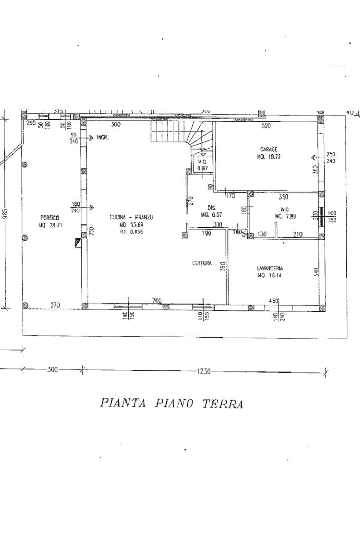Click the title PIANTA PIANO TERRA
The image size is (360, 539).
coord(171,404)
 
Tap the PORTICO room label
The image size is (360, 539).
coord(50,218)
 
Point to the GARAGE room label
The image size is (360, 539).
coord(268,149)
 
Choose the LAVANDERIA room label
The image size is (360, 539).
coord(270,268)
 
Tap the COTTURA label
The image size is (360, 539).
coord(202,263)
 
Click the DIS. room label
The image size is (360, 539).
coord(212,208)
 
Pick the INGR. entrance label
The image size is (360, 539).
coord(102,138)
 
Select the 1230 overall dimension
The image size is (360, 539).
coord(203,371)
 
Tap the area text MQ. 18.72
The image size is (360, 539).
coord(268,156)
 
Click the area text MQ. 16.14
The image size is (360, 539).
coord(270,276)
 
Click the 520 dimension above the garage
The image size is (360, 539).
coord(266,126)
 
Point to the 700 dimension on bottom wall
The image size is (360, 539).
coord(157,300)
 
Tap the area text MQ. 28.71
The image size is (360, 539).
coord(50,225)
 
